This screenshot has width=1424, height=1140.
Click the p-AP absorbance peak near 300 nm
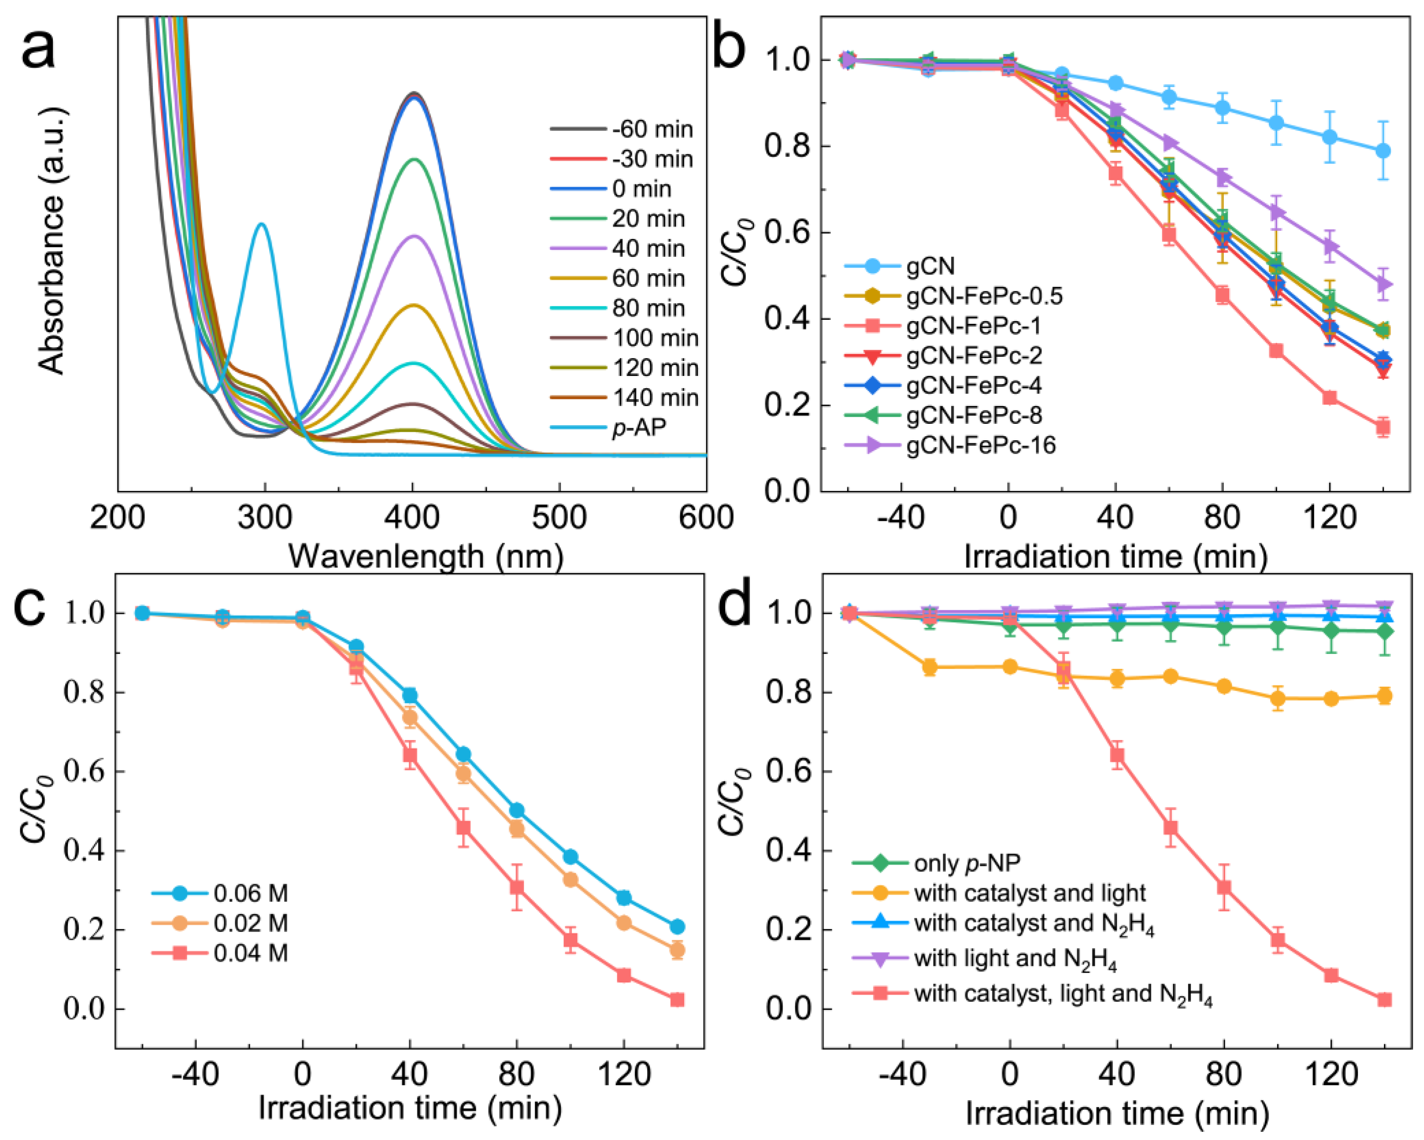(262, 224)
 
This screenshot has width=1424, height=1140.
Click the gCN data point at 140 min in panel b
(1382, 151)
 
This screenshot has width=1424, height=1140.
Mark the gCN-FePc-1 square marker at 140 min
(1382, 427)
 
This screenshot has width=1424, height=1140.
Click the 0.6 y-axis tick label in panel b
(786, 233)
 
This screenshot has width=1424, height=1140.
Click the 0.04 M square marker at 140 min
(677, 1000)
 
